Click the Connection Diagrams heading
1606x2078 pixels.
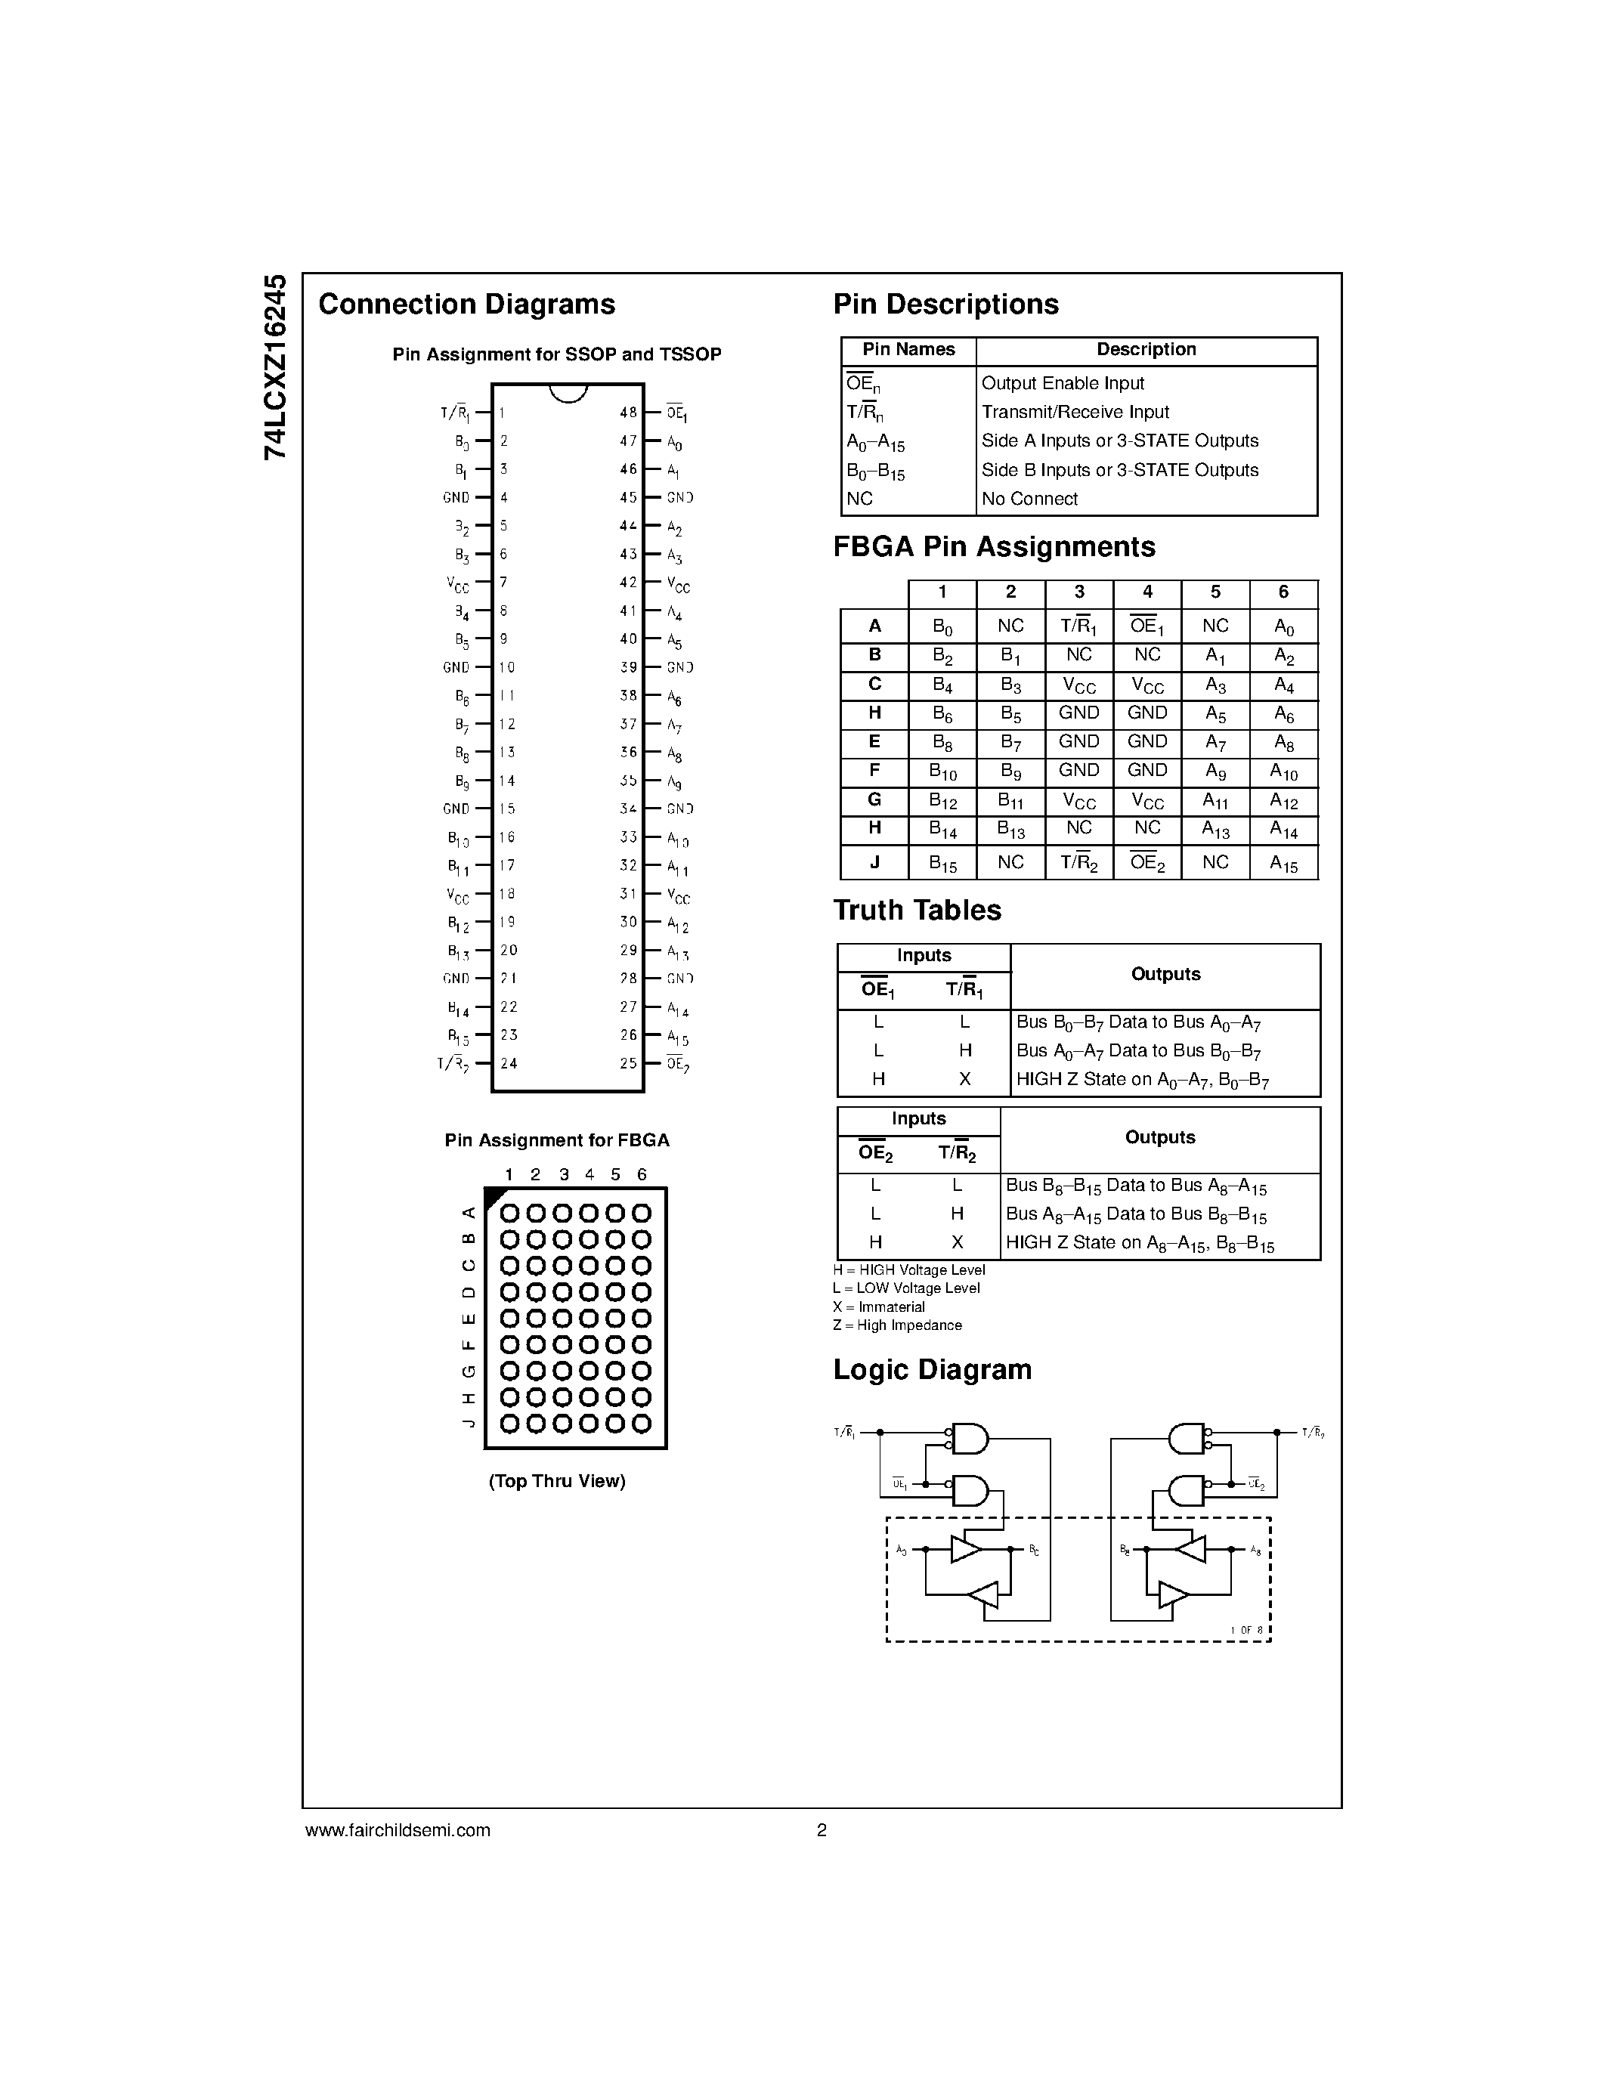[466, 305]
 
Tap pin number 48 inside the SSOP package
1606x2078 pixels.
[628, 413]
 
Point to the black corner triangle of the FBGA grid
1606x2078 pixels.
[493, 1196]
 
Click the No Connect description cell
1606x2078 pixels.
[1029, 499]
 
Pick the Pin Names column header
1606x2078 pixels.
[908, 350]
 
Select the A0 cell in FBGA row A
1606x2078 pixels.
[1283, 627]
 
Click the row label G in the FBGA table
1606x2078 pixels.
[874, 800]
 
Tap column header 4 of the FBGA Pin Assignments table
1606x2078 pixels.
[1147, 592]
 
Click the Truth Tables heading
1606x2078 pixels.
[917, 911]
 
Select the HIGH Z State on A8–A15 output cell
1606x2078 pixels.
[1139, 1244]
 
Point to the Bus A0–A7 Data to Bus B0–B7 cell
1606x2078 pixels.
[1138, 1051]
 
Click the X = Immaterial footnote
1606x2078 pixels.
[878, 1307]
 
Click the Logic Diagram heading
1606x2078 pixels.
[933, 1370]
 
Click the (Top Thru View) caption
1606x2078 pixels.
[556, 1482]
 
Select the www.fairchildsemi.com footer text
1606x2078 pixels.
[398, 1829]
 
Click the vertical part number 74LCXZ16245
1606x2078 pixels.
[275, 367]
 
